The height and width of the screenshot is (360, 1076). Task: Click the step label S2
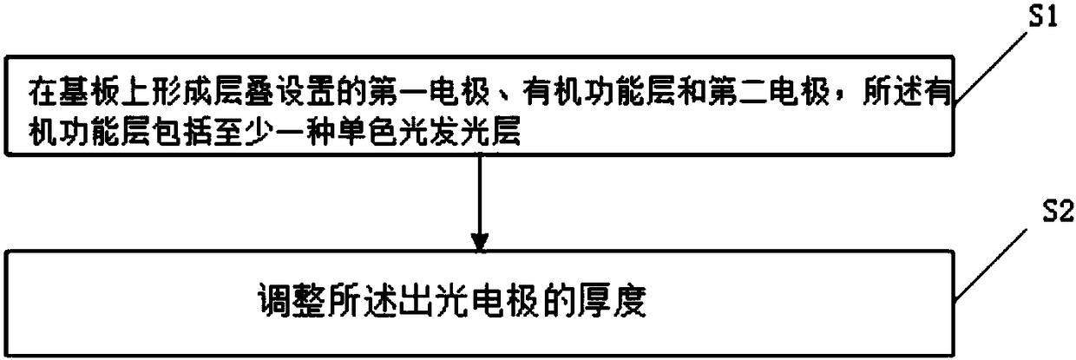coord(1043,213)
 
